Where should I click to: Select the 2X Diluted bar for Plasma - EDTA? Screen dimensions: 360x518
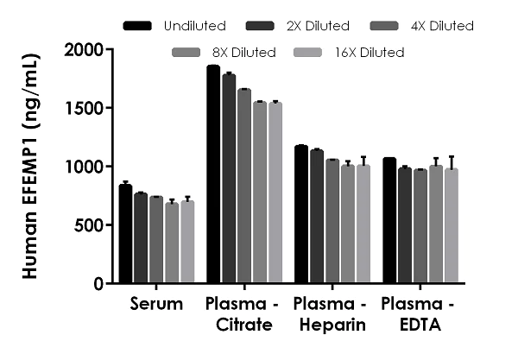pyautogui.click(x=405, y=225)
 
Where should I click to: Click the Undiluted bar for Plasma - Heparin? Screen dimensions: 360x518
pyautogui.click(x=301, y=215)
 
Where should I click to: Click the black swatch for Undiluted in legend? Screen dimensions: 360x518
pyautogui.click(x=137, y=26)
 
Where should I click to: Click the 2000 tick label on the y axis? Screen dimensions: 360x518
pyautogui.click(x=86, y=50)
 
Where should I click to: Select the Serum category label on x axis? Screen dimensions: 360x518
pyautogui.click(x=156, y=305)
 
